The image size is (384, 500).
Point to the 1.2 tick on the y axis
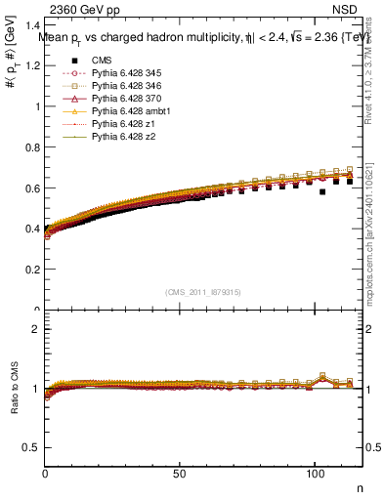coord(35,65)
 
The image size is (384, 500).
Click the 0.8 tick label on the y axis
coord(35,147)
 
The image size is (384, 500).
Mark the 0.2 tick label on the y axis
coord(35,270)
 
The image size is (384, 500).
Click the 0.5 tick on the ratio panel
coord(35,447)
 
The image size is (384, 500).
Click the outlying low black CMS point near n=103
coord(322,191)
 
